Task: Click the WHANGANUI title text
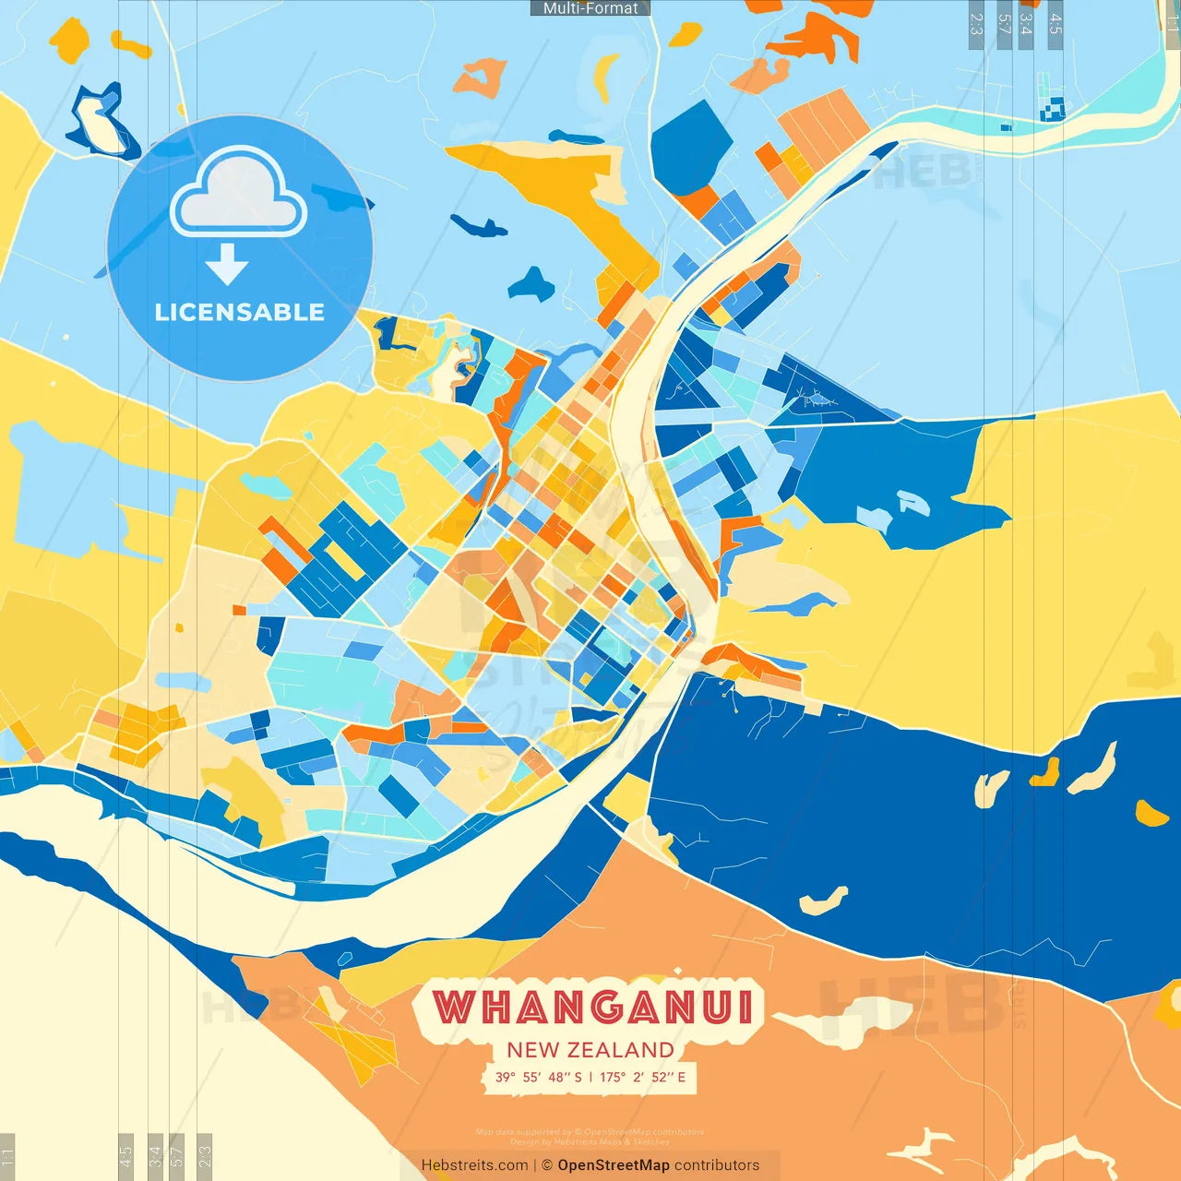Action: (592, 1007)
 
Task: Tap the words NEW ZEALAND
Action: (590, 1050)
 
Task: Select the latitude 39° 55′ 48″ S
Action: (538, 1077)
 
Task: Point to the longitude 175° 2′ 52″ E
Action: (643, 1077)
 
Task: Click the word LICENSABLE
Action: (240, 312)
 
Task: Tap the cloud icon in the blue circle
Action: (239, 193)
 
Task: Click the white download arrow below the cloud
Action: (227, 264)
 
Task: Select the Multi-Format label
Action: (590, 8)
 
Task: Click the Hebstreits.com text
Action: (474, 1165)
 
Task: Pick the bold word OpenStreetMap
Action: (614, 1165)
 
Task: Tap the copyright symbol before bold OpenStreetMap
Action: (547, 1165)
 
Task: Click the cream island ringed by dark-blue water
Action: (98, 124)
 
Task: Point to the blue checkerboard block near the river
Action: (1052, 108)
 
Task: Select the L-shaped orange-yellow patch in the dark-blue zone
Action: (1046, 772)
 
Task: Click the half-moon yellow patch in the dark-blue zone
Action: (1151, 814)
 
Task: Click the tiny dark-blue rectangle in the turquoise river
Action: (1007, 127)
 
